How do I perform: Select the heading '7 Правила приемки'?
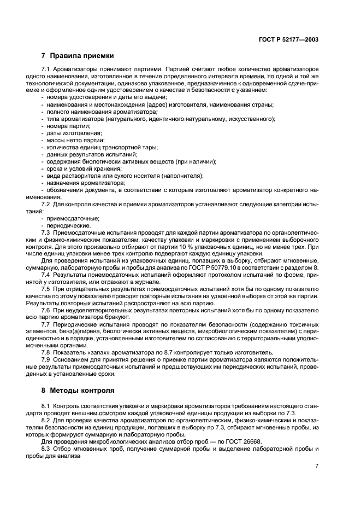click(78, 55)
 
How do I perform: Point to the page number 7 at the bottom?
click(317, 466)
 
